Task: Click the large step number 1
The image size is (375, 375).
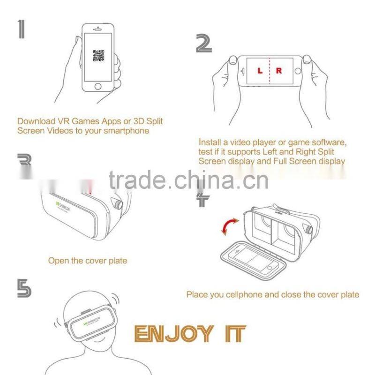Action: pyautogui.click(x=22, y=29)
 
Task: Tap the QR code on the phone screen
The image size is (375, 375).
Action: pyautogui.click(x=98, y=56)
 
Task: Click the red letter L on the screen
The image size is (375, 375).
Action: pyautogui.click(x=260, y=71)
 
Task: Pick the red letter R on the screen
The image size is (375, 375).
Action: pyautogui.click(x=279, y=71)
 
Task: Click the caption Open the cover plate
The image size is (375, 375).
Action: pyautogui.click(x=87, y=260)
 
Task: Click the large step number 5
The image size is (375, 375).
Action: pyautogui.click(x=24, y=288)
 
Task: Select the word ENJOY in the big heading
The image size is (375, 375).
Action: pyautogui.click(x=173, y=334)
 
